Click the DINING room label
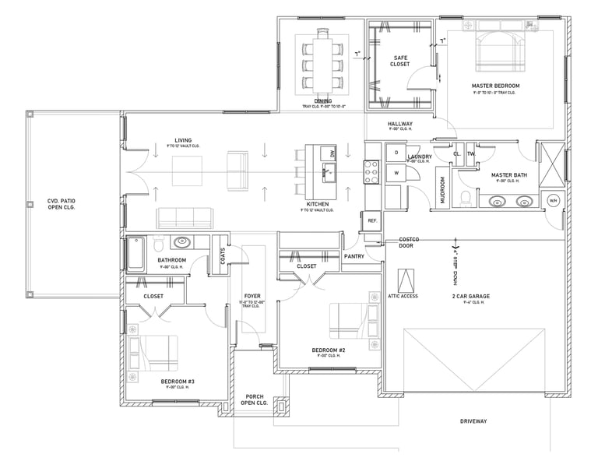click(x=322, y=101)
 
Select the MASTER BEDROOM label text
click(x=495, y=85)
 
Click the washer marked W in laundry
click(x=396, y=172)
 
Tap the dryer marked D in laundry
click(x=396, y=153)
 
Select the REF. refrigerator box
click(x=373, y=220)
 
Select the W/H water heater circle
click(x=554, y=201)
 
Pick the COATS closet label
click(x=223, y=255)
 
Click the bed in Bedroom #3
click(x=155, y=353)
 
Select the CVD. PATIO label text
click(x=64, y=205)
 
